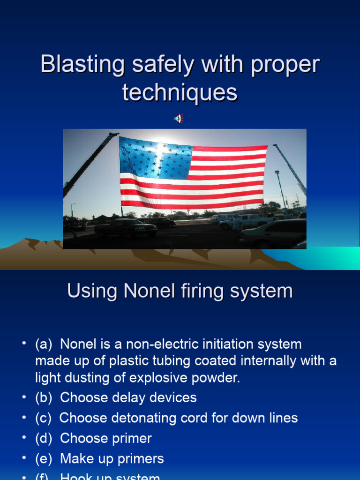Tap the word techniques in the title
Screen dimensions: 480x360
click(180, 92)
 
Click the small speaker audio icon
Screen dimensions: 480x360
click(179, 119)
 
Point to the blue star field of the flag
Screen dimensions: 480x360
click(155, 158)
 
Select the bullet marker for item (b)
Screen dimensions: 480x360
click(23, 397)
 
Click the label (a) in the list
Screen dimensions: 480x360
click(43, 345)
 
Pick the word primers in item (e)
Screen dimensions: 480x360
click(141, 459)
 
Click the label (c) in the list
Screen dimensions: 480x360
click(43, 418)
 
